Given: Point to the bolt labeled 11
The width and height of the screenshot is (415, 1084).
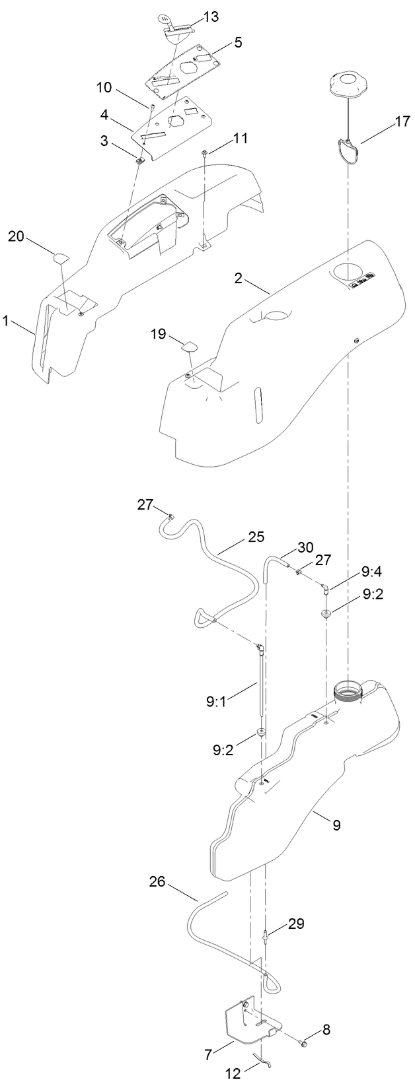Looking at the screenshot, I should tap(206, 154).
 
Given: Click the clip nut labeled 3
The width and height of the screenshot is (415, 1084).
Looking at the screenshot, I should tap(140, 158).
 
